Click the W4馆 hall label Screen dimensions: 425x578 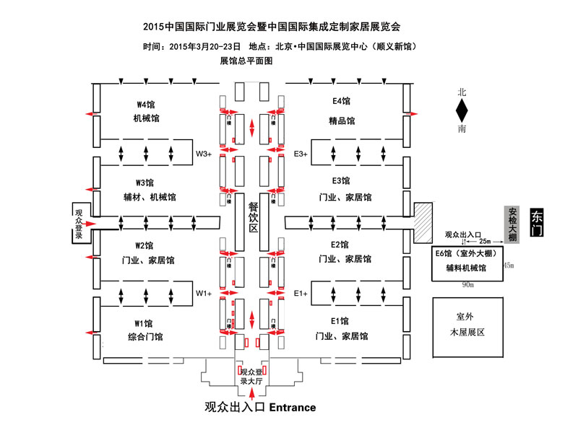coord(146,103)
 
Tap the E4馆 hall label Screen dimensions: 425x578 coord(341,103)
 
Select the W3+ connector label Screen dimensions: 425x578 coord(204,153)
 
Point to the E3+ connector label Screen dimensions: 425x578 coord(301,153)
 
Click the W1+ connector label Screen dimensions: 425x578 coord(204,293)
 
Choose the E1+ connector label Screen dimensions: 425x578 coord(301,293)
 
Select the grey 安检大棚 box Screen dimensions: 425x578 coord(512,223)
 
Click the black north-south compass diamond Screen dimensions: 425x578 coord(462,111)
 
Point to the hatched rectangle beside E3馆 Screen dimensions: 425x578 coord(422,219)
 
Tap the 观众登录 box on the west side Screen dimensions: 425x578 coord(79,224)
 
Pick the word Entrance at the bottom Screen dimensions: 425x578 coord(292,408)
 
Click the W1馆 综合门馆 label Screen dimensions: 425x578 coord(144,329)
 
